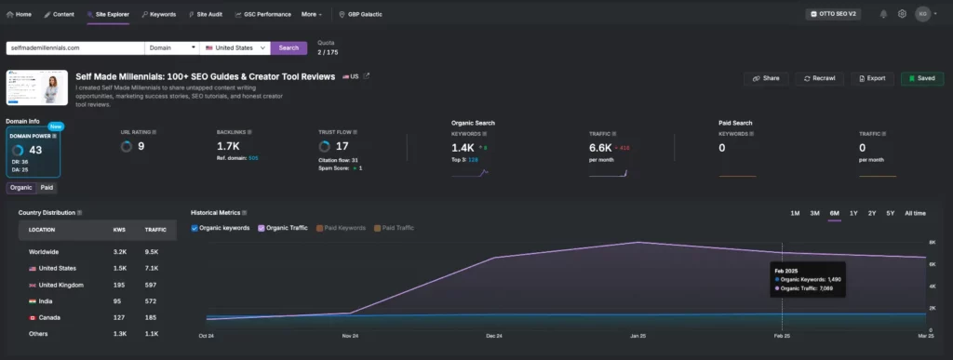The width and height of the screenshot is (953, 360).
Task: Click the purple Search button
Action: pos(289,47)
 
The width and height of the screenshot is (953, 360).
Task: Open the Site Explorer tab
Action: pos(108,14)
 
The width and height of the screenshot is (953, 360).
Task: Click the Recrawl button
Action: pos(820,79)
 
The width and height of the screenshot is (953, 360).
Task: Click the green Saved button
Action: pos(921,79)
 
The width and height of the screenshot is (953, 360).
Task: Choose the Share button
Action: pos(766,79)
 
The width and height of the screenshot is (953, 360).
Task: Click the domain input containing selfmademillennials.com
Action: pos(74,47)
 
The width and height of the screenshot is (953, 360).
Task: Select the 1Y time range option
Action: pos(853,213)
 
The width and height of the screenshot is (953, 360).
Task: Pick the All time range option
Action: pos(915,213)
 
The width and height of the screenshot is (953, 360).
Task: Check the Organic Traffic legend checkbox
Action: pos(262,228)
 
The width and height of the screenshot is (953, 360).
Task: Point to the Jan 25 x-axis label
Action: pos(638,335)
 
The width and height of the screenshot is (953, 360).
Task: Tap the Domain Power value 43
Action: pos(35,150)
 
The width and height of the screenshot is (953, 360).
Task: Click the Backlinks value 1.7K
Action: pos(229,146)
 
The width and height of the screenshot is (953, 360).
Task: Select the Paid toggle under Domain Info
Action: pos(47,188)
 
